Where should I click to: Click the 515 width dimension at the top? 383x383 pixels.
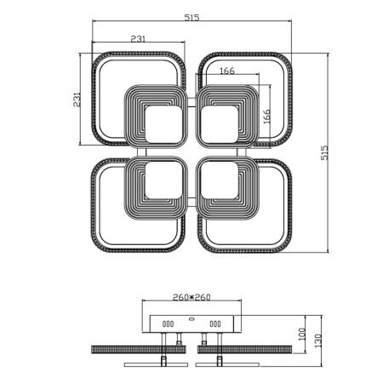[x=191, y=18]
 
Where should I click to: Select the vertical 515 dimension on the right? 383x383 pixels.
[x=323, y=152]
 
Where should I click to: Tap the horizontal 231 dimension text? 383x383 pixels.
[x=143, y=39]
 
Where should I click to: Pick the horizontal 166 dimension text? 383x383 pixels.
[x=226, y=71]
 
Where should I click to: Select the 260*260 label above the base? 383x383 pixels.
[x=191, y=298]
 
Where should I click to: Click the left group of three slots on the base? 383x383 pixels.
[x=169, y=323]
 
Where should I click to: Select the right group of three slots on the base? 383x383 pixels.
[x=214, y=323]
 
